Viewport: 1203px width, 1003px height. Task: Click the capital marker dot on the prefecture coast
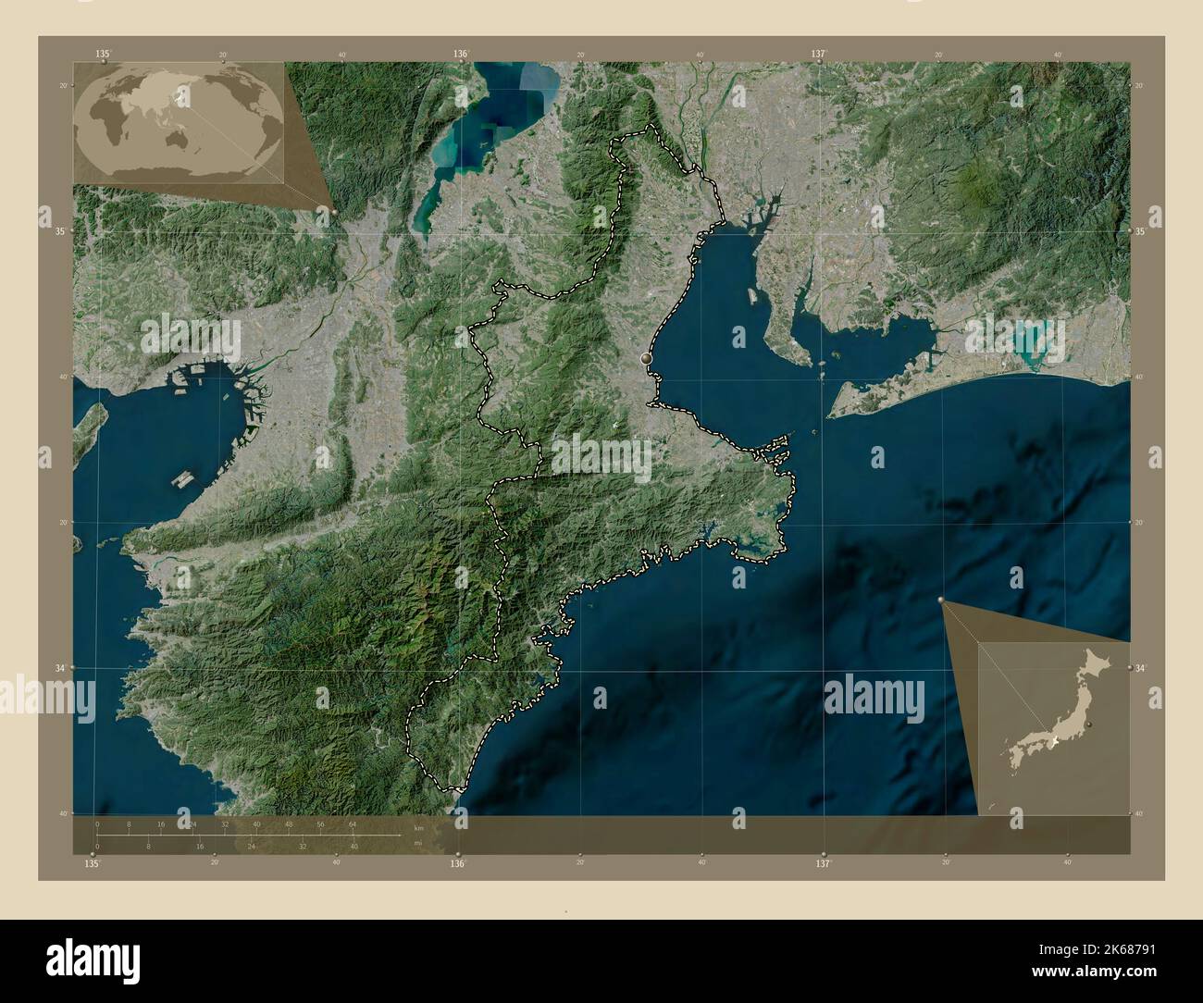coord(646,357)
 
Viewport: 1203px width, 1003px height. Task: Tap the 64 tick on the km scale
coord(353,823)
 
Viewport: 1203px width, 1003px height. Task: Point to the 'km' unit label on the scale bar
coord(418,828)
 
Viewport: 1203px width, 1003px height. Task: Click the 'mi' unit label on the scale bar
coord(418,843)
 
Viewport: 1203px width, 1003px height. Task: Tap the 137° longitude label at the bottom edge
coord(823,863)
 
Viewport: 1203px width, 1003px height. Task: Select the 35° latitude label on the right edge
coord(1141,231)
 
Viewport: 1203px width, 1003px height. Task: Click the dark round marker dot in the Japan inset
coord(1089,724)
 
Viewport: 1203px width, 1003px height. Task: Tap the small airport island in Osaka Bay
coord(183,480)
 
